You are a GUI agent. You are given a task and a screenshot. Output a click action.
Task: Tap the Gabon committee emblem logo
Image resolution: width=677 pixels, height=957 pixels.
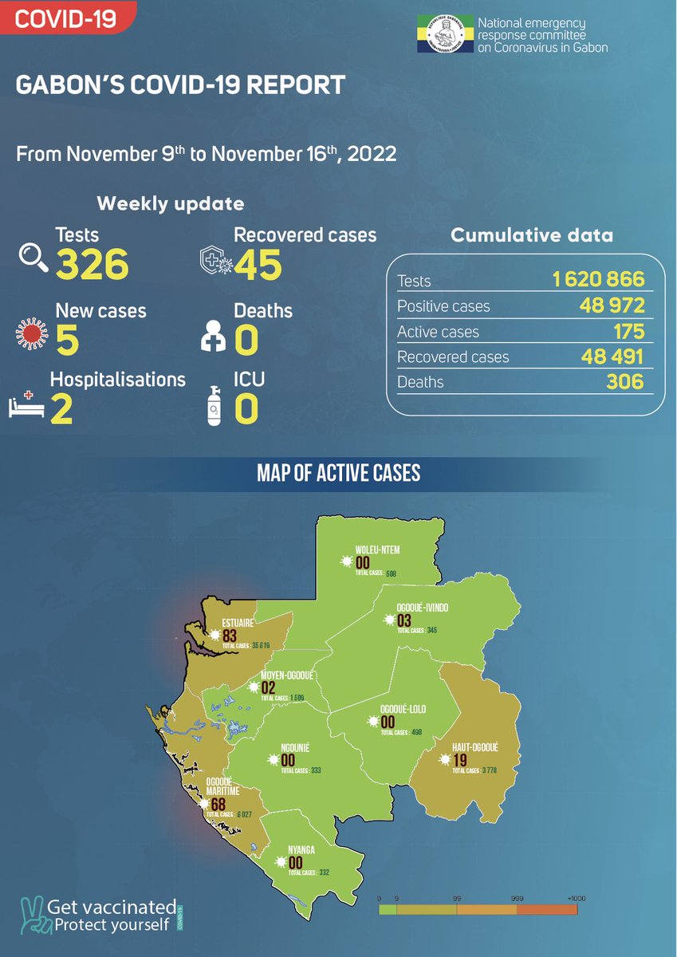coord(443,36)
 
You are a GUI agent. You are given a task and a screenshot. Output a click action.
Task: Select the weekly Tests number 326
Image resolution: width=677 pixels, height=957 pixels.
coord(92,265)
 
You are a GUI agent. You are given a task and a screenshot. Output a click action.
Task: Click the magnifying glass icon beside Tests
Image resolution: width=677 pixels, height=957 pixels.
coord(33,257)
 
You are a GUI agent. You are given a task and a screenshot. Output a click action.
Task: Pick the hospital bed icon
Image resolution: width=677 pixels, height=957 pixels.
coord(27,405)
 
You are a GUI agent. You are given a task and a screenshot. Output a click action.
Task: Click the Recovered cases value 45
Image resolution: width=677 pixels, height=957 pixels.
coord(258,265)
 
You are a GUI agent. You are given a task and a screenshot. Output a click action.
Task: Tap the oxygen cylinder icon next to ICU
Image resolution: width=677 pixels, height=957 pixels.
coord(213,405)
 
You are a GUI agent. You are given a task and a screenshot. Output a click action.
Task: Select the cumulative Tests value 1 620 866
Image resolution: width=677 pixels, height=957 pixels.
coord(598,280)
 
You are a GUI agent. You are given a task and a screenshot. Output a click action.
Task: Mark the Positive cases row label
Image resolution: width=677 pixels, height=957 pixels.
coord(443,306)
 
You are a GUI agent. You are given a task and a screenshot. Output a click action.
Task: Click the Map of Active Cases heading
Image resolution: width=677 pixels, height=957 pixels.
coord(338,474)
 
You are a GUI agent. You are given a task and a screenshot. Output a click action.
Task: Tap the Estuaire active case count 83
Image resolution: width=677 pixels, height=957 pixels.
coord(231,636)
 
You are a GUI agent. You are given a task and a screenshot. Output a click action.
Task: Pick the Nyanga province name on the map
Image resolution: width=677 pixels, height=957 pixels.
coord(301,850)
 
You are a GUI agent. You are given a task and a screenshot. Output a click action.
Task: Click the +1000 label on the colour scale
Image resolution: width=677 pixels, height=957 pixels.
coord(576,899)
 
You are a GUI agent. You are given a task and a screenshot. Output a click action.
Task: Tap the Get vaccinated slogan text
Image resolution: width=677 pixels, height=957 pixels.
coord(112,907)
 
